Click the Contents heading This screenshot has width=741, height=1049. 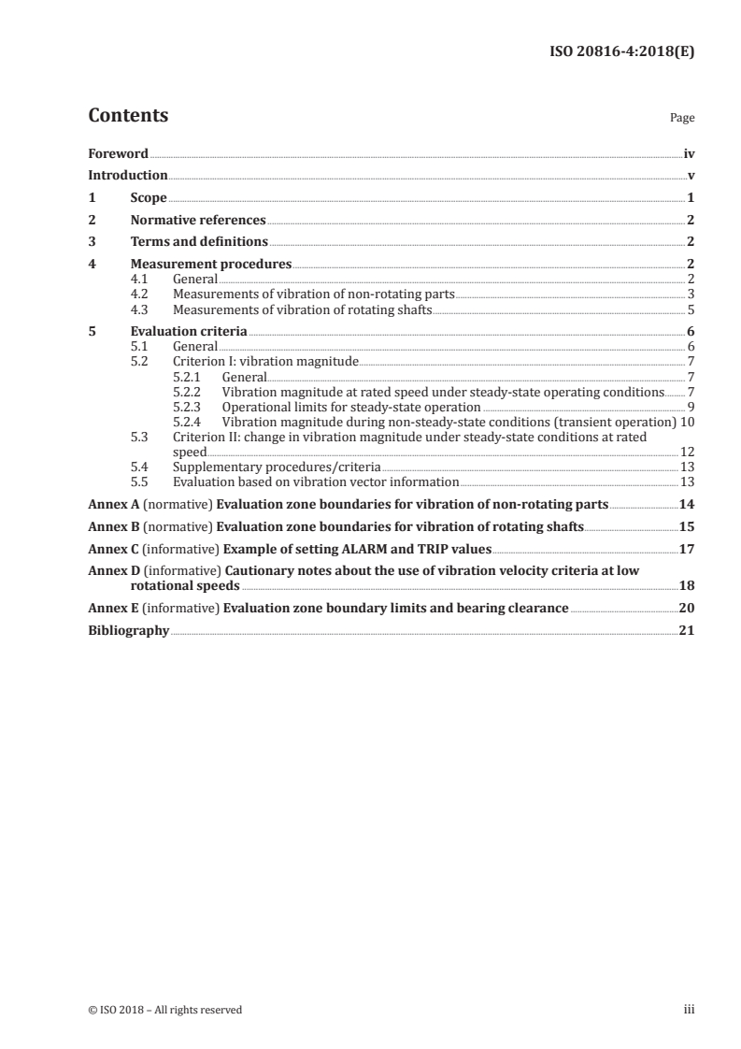point(128,117)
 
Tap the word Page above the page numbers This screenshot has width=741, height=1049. point(682,119)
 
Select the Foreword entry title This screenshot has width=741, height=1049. point(118,153)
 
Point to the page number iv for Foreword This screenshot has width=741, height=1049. point(689,153)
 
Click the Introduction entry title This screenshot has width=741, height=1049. point(128,176)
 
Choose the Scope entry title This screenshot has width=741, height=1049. point(149,198)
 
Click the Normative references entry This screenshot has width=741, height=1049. point(198,221)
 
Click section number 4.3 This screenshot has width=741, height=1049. point(139,309)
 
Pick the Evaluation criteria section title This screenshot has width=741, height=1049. point(189,331)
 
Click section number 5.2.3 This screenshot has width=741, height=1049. point(190,407)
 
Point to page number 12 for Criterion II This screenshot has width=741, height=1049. point(687,452)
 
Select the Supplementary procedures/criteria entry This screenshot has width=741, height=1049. point(277,467)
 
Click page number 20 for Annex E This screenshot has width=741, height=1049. point(687,609)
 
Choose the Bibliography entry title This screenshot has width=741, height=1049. point(128,631)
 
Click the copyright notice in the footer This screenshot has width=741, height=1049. point(165,1010)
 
